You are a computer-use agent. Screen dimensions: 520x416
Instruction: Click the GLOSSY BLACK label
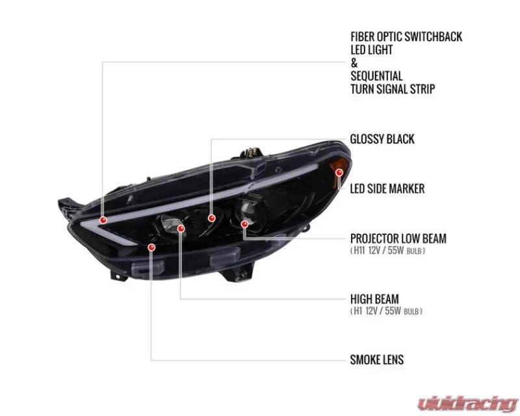(382, 139)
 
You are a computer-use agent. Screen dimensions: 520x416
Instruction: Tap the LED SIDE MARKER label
(387, 188)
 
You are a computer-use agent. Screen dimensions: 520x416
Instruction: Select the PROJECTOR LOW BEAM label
(398, 239)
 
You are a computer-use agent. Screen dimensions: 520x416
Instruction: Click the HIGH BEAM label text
(374, 299)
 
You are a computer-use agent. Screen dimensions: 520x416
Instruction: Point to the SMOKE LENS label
(377, 359)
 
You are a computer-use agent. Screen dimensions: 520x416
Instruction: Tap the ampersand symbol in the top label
(354, 62)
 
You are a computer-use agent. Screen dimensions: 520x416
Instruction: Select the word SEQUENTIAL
(376, 76)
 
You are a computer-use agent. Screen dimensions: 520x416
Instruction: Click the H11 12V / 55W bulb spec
(387, 250)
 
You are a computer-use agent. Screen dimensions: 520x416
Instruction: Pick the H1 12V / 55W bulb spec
(386, 311)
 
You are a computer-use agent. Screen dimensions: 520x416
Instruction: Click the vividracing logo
(467, 404)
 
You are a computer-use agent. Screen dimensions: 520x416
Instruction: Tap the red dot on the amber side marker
(339, 172)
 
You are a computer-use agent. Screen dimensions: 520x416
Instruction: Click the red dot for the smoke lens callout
(151, 248)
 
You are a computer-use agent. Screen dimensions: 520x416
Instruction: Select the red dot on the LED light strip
(103, 220)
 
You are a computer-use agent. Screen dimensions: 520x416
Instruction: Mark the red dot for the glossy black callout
(212, 218)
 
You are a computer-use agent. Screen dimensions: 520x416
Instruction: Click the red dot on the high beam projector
(181, 229)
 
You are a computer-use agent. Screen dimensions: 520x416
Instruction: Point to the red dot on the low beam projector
(244, 224)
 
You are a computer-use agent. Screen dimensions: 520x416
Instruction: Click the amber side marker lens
(338, 168)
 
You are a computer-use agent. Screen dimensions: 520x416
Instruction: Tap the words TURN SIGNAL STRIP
(393, 89)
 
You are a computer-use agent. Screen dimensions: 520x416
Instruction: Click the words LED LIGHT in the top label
(371, 50)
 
